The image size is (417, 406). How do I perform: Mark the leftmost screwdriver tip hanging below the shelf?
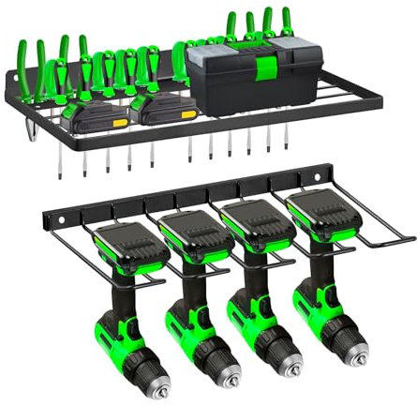63,158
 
